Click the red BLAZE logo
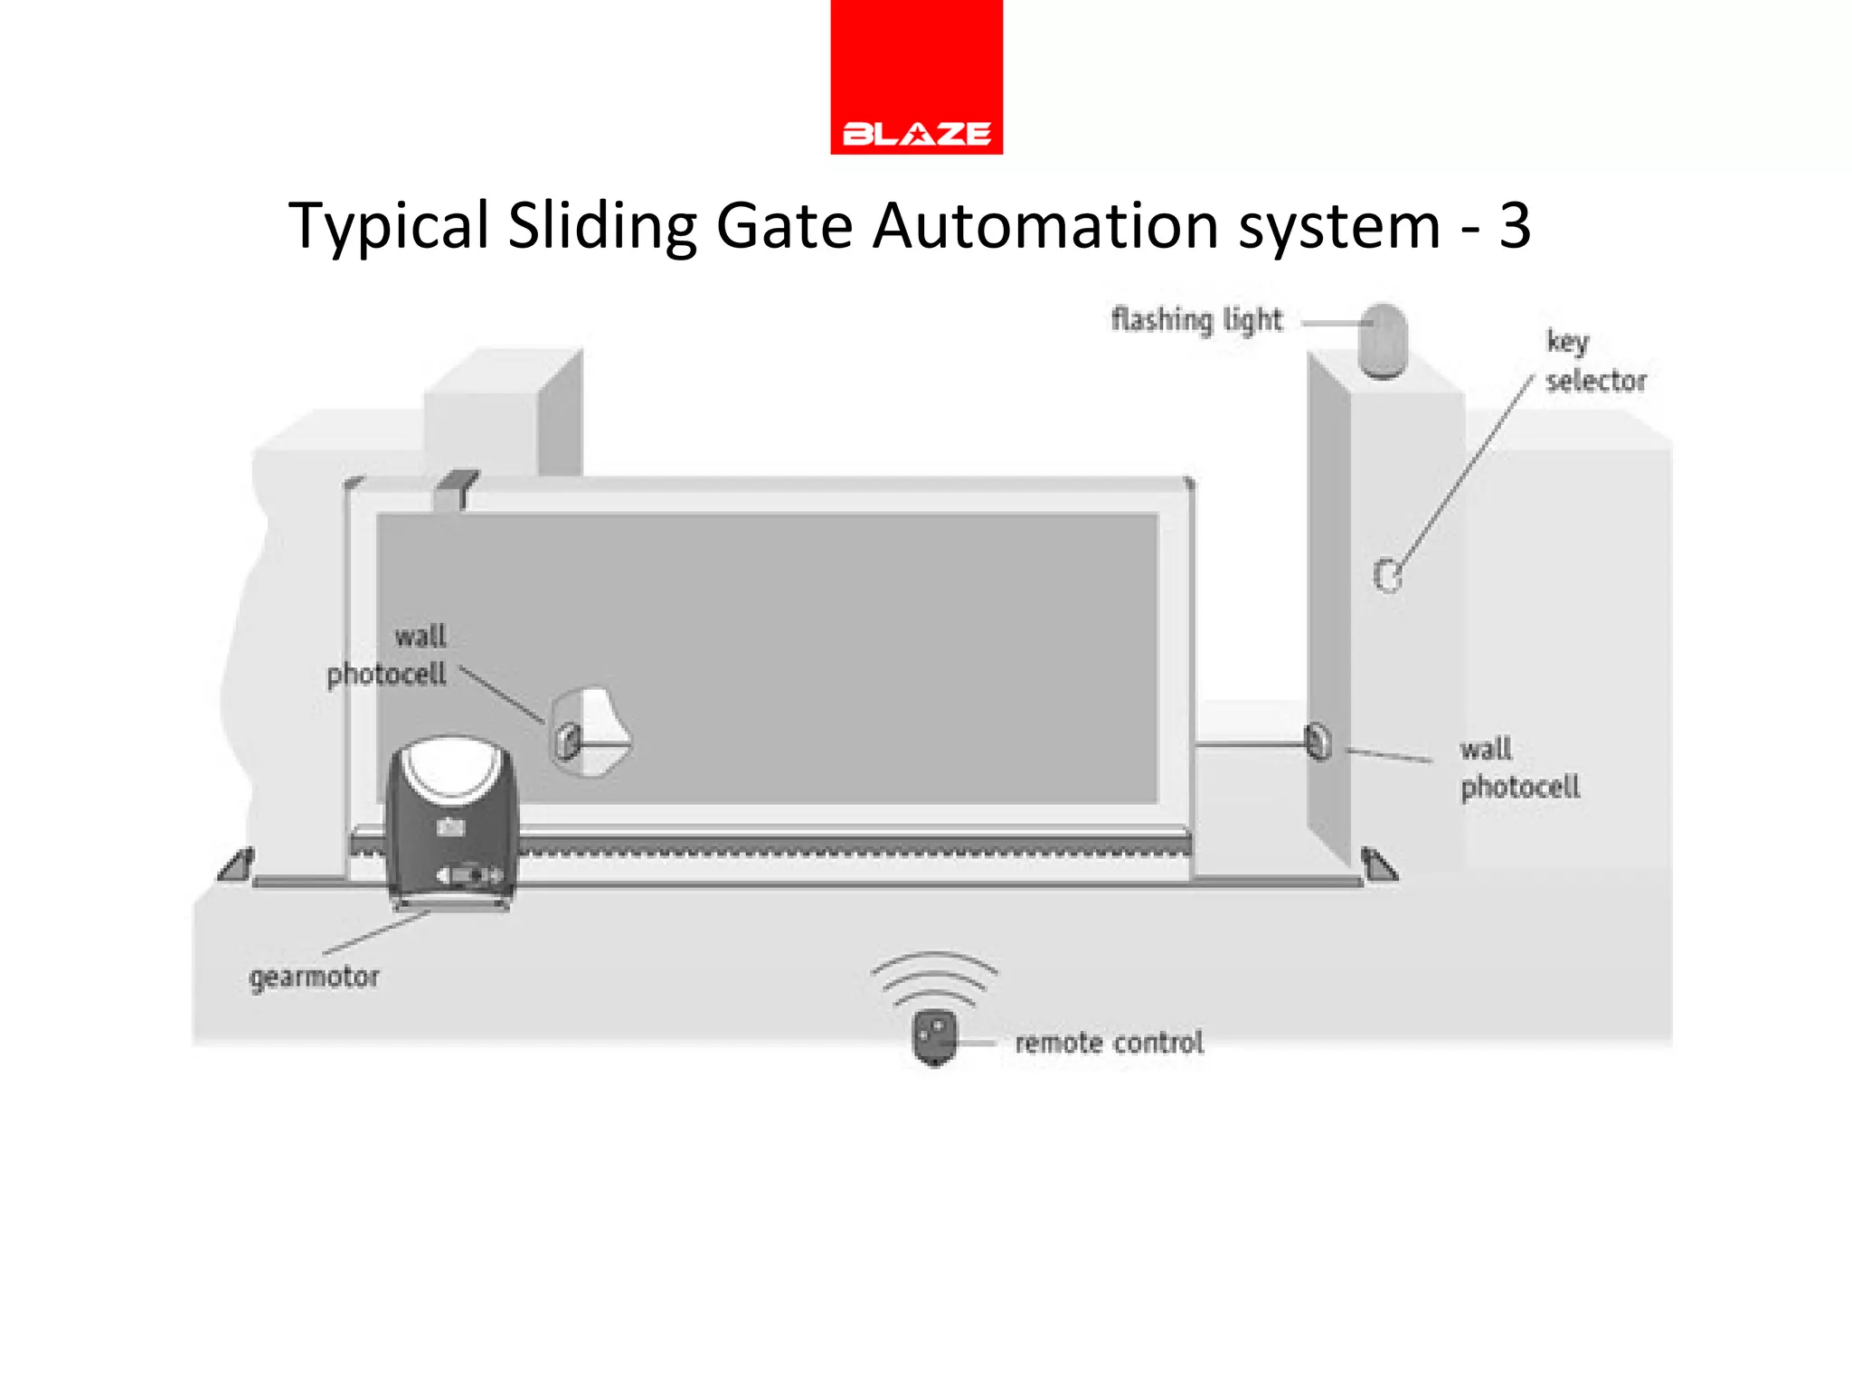point(916,78)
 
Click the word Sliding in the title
point(601,226)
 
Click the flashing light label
point(1196,320)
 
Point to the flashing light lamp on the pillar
point(1384,341)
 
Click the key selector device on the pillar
point(1388,574)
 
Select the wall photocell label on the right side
point(1519,769)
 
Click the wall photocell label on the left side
point(389,656)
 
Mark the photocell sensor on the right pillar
point(1318,743)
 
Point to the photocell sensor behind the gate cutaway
point(570,740)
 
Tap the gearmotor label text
point(314,978)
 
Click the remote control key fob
point(935,1038)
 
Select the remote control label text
point(1109,1043)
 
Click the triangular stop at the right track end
point(1378,865)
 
